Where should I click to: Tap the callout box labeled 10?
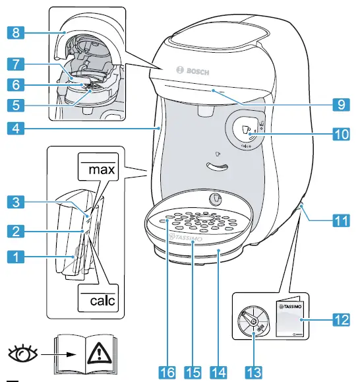[340, 132]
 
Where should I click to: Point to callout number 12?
[340, 321]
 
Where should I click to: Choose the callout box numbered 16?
[169, 372]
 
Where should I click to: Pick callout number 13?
[253, 372]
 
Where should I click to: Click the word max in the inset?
[98, 170]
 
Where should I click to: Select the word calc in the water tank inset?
[98, 301]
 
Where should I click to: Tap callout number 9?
[340, 104]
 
